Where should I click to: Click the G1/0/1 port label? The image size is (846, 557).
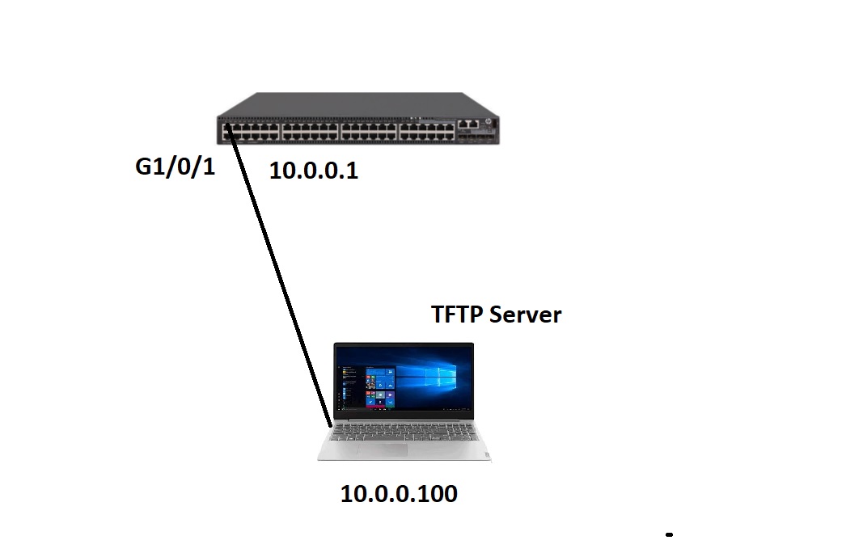(176, 167)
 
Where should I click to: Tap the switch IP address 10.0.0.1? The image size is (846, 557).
(314, 171)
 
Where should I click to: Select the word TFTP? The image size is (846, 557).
(457, 314)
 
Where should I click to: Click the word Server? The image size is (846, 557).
(526, 314)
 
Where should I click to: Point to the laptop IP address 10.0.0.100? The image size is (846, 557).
(399, 494)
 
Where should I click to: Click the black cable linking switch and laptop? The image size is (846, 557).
(278, 276)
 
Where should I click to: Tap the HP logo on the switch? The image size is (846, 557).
(489, 122)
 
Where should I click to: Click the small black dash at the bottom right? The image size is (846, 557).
(669, 534)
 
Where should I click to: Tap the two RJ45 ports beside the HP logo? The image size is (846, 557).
(468, 124)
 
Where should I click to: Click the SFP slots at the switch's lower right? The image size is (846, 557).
(476, 137)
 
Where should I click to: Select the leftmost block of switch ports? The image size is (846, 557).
(251, 132)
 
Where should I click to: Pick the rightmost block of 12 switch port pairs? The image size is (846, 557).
(427, 132)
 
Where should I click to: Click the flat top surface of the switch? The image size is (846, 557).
(357, 104)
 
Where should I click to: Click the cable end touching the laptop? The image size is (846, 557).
(330, 424)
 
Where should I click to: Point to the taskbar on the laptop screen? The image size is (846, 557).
(404, 410)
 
